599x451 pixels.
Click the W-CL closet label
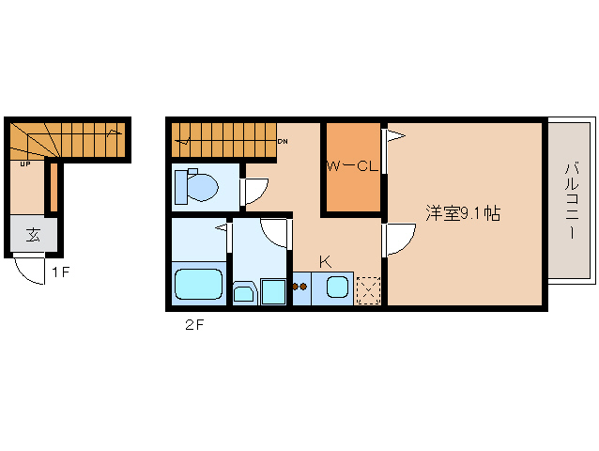click(x=352, y=166)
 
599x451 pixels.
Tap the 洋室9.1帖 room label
click(x=461, y=213)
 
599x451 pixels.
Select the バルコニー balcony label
click(x=571, y=200)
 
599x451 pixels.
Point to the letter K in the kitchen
click(x=325, y=261)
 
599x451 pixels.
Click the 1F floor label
click(x=60, y=273)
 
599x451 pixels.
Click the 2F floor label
click(x=193, y=326)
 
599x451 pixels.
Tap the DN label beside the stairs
click(x=282, y=142)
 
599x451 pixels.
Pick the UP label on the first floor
click(x=25, y=164)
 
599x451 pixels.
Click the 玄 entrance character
click(x=33, y=235)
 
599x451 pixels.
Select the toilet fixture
click(x=197, y=186)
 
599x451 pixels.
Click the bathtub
click(x=198, y=286)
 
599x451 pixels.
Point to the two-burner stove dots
click(x=300, y=288)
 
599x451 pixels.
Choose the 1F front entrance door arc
click(x=31, y=270)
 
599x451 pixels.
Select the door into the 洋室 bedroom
click(x=399, y=239)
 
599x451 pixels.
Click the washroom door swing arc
click(x=275, y=231)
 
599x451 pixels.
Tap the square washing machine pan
click(x=274, y=291)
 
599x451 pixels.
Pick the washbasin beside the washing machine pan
click(x=243, y=293)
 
